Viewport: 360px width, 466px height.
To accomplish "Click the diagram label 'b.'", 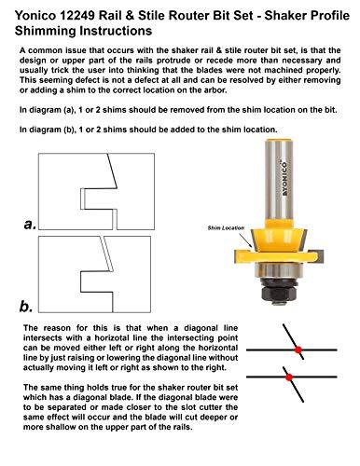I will [x=29, y=304].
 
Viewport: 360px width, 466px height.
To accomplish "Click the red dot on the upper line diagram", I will [x=298, y=350].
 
